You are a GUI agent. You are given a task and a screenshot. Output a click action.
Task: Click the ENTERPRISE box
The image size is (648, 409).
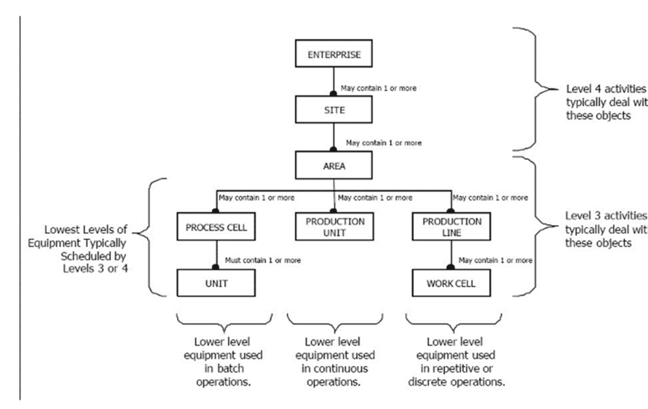[x=333, y=54]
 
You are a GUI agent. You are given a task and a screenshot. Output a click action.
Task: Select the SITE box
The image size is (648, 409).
[x=333, y=109]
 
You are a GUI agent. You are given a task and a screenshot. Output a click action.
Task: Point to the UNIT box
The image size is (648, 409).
[x=216, y=283]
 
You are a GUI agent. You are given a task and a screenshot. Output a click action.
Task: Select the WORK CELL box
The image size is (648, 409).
[x=451, y=283]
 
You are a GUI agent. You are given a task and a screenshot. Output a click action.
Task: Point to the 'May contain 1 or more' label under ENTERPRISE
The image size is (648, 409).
[x=378, y=88]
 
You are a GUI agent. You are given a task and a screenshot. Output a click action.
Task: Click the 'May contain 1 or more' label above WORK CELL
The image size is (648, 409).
[x=495, y=260]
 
